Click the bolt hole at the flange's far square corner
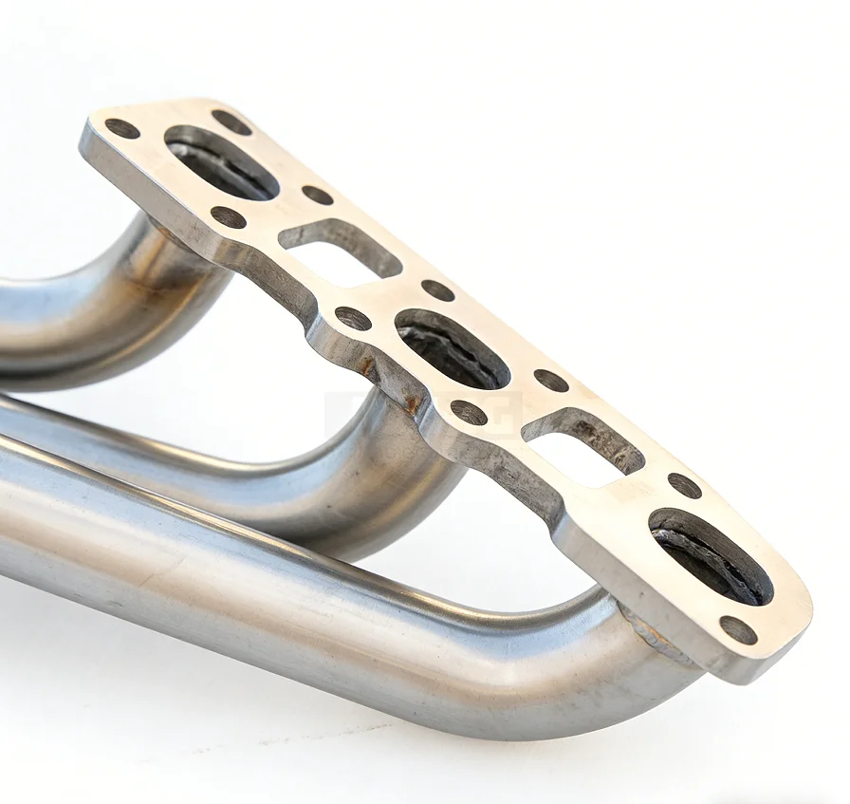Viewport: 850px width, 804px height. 122,128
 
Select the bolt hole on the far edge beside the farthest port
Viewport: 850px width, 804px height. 231,122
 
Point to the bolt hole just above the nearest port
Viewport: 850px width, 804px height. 684,485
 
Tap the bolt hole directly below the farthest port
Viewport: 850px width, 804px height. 228,216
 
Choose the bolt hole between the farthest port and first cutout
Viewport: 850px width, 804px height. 317,195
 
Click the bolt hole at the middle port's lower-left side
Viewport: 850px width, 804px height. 353,318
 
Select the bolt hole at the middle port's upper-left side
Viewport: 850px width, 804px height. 437,290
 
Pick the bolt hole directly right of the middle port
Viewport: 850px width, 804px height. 550,380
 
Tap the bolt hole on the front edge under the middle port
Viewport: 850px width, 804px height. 468,412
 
